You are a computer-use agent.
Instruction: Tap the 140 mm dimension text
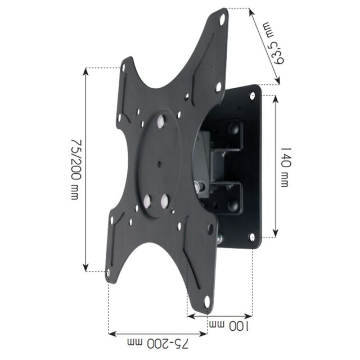coord(286,167)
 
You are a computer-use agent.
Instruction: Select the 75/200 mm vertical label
coord(75,168)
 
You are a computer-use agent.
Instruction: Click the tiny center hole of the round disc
coord(160,165)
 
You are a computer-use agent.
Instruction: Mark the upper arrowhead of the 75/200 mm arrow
coord(85,70)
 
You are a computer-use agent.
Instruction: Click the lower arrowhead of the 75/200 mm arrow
coord(85,269)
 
